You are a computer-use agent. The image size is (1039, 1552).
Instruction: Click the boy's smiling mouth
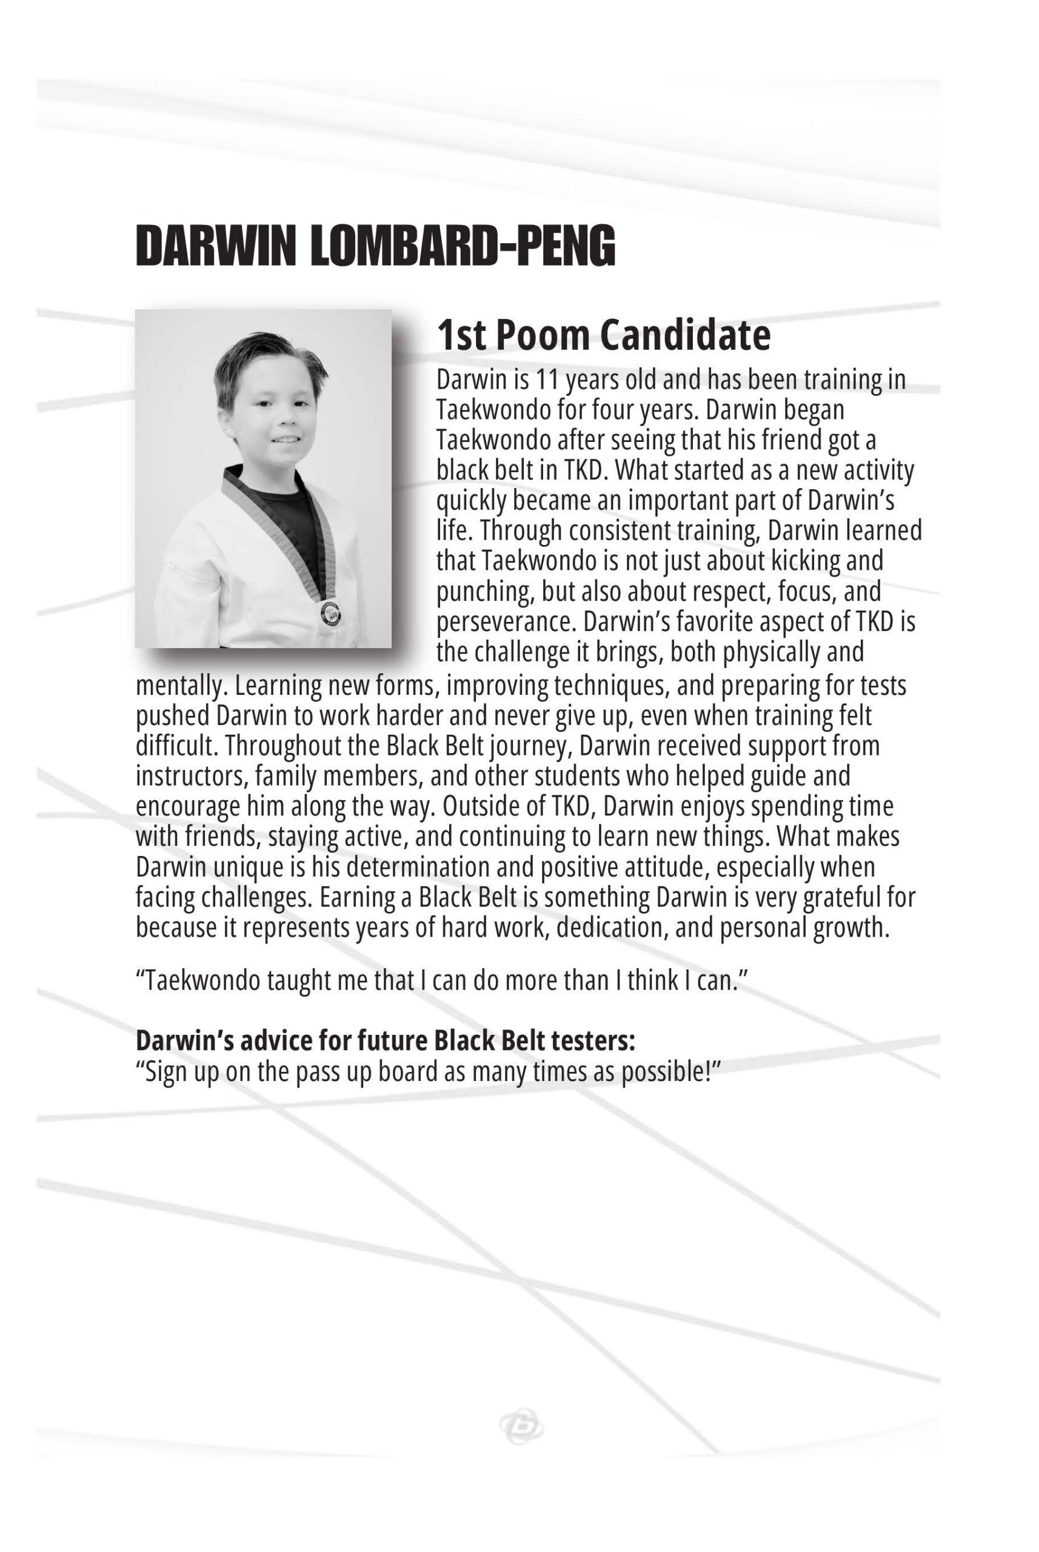click(x=287, y=439)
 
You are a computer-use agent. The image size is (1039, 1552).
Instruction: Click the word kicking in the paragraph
click(x=804, y=561)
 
